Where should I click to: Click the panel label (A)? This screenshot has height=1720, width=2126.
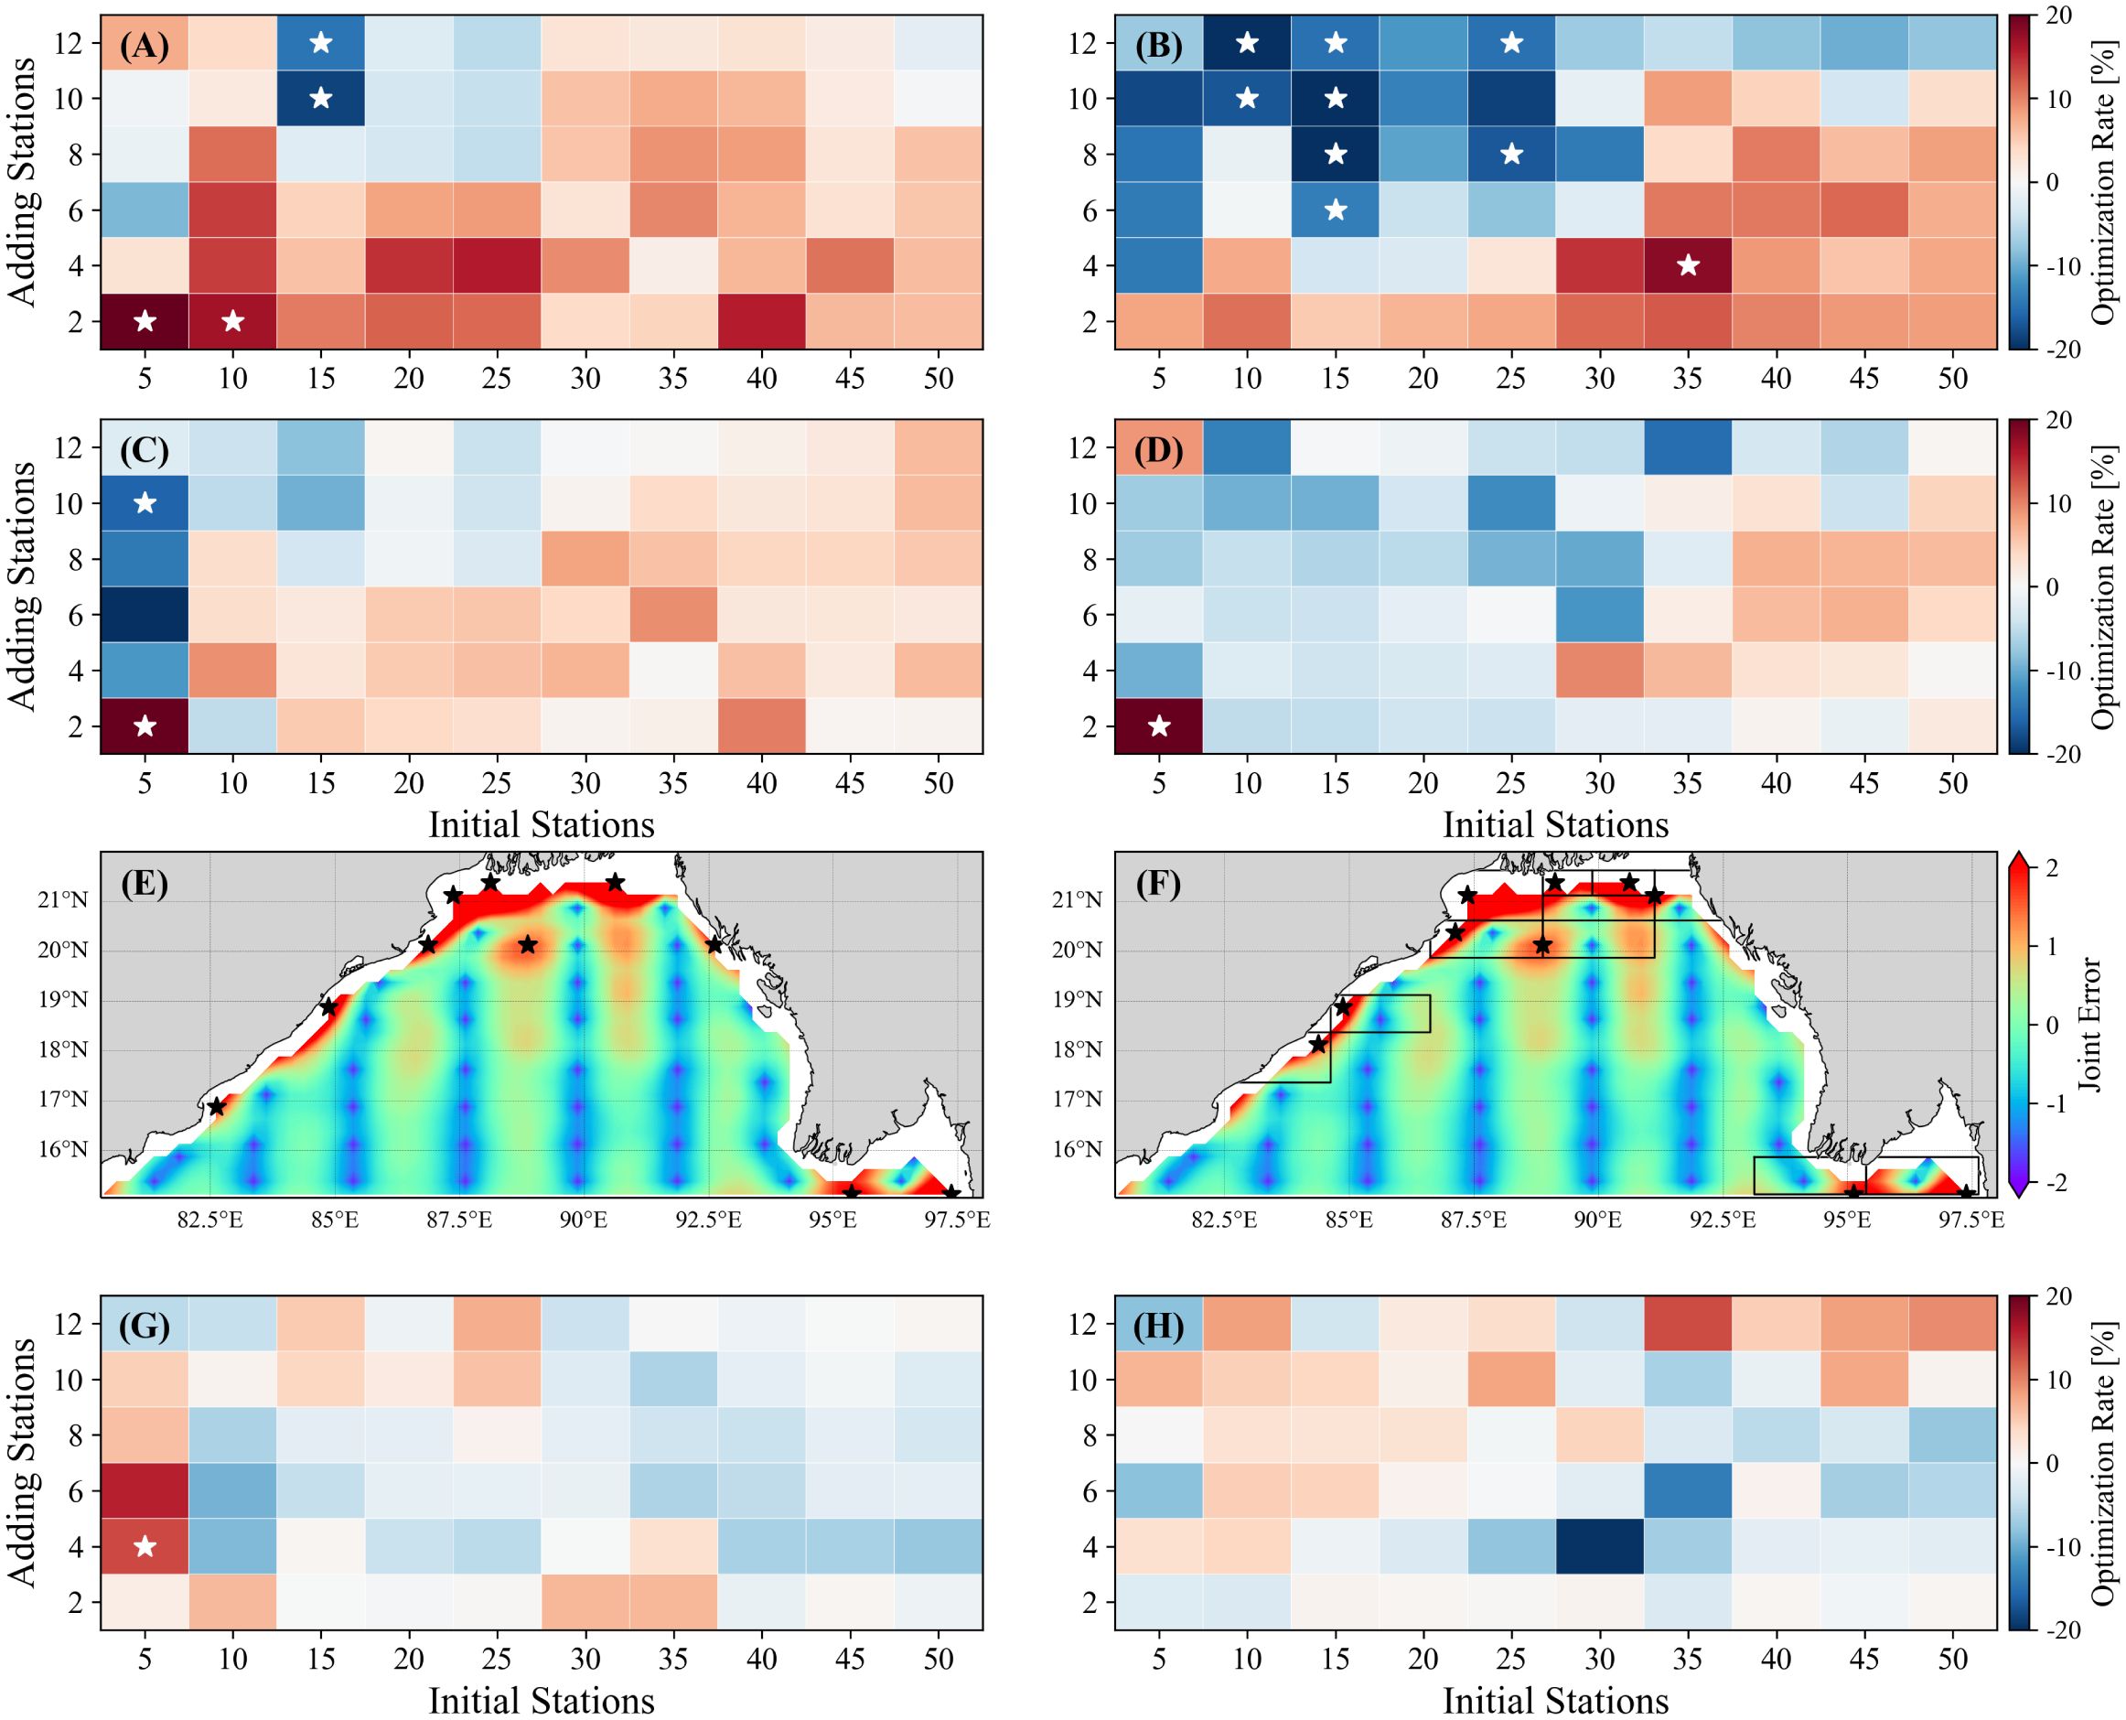pyautogui.click(x=145, y=47)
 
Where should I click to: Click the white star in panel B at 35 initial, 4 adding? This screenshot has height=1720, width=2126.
pyautogui.click(x=1688, y=265)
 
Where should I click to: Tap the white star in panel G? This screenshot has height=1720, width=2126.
pyautogui.click(x=145, y=1545)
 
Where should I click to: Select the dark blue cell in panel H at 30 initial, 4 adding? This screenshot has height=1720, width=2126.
pyautogui.click(x=1600, y=1545)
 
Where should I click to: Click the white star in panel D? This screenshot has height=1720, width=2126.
pyautogui.click(x=1159, y=726)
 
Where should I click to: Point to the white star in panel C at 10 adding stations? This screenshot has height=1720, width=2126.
pyautogui.click(x=145, y=503)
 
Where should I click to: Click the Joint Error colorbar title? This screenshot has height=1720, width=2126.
pyautogui.click(x=2090, y=1026)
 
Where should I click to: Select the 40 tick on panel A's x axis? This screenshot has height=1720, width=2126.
pyautogui.click(x=762, y=379)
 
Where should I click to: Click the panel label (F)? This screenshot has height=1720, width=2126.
pyautogui.click(x=1159, y=883)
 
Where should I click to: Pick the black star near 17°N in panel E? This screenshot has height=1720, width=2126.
pyautogui.click(x=217, y=1107)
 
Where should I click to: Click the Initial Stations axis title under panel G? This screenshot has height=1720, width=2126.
pyautogui.click(x=541, y=1700)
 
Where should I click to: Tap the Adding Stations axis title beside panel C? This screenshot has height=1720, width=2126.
pyautogui.click(x=22, y=585)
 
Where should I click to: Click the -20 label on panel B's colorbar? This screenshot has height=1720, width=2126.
pyautogui.click(x=2056, y=349)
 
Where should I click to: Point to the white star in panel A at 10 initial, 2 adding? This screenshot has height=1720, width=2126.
pyautogui.click(x=232, y=321)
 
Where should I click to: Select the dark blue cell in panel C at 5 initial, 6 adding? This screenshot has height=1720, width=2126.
pyautogui.click(x=145, y=614)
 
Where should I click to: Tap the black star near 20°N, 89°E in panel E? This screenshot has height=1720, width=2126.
pyautogui.click(x=528, y=944)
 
